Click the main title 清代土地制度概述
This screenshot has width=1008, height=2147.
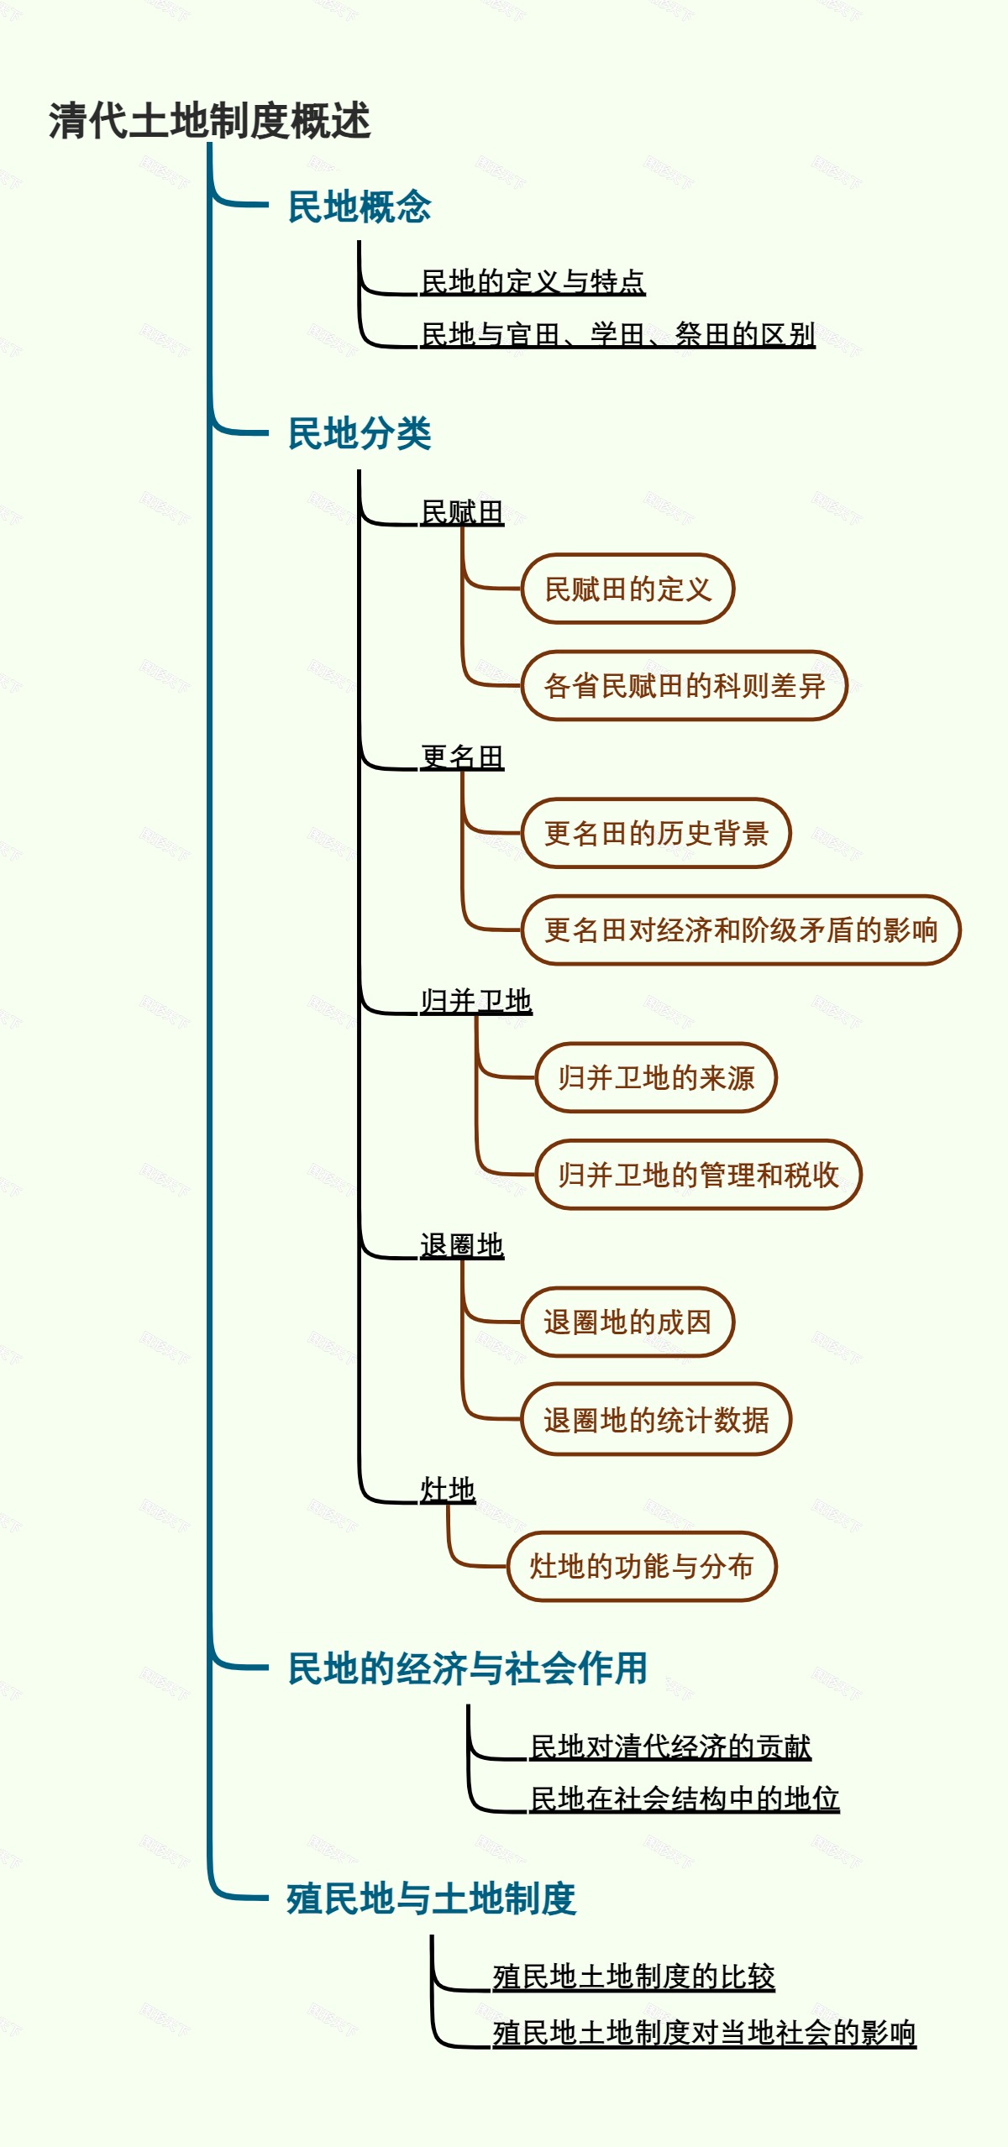coord(209,120)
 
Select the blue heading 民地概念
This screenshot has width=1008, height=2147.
coord(359,207)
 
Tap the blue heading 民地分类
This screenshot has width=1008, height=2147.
coord(359,433)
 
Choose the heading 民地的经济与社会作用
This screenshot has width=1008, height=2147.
coord(467,1668)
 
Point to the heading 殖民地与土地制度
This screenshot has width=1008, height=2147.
coord(431,1898)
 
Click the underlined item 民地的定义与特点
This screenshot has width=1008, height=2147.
coord(533,281)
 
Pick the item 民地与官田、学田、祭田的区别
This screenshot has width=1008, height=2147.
coord(617,334)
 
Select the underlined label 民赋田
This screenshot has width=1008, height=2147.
coord(462,511)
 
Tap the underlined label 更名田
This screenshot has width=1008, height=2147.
coord(462,756)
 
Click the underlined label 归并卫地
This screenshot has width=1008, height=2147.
coord(476,1000)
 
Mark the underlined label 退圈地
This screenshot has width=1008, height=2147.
coord(462,1244)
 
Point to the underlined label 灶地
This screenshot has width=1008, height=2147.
coord(448,1489)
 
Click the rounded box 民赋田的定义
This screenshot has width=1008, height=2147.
coord(627,589)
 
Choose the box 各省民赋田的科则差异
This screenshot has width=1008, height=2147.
coord(684,685)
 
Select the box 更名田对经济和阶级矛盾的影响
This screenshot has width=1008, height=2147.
coord(740,929)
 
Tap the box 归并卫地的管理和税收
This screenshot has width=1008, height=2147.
coord(698,1174)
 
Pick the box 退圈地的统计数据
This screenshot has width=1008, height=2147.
coord(656,1419)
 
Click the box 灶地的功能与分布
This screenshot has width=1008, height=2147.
coord(642,1566)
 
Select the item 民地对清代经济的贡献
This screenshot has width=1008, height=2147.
coord(670,1746)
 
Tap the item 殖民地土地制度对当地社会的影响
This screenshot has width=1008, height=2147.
coord(704,2033)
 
